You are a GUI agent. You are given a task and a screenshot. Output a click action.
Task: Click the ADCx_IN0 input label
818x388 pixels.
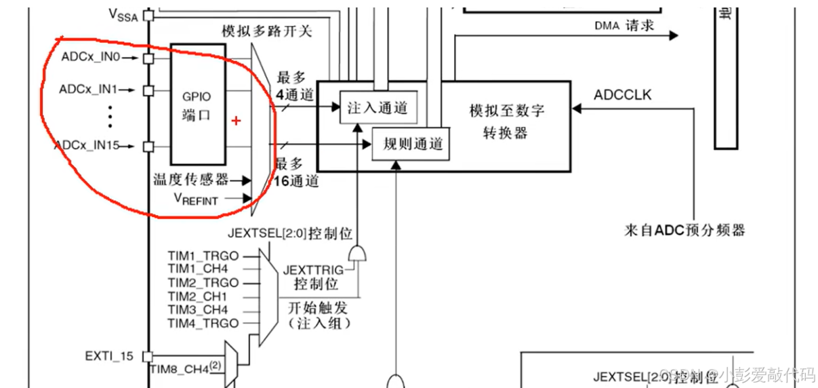90,58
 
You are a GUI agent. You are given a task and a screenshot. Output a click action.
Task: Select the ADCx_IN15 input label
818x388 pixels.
87,145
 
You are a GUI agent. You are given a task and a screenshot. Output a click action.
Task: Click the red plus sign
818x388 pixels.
236,121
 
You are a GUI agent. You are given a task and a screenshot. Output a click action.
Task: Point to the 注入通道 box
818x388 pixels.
377,108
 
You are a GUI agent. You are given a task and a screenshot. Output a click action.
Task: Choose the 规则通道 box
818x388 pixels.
412,144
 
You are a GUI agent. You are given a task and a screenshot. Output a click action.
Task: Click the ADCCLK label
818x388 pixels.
622,94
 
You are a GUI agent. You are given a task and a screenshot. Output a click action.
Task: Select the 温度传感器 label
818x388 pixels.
190,180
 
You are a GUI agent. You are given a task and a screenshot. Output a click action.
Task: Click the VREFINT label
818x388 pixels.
196,199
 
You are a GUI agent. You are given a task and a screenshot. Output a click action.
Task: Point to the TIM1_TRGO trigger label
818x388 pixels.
203,256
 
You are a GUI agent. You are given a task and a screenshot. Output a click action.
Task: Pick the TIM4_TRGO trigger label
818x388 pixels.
203,323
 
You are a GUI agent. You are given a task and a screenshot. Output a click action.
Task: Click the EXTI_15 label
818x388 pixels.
109,355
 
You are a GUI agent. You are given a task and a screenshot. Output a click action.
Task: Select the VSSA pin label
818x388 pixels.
123,14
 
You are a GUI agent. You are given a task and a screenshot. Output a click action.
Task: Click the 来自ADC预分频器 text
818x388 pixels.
684,230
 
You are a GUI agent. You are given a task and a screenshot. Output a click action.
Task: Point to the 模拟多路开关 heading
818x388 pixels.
266,31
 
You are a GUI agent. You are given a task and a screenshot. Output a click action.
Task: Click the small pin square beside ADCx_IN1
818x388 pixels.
148,90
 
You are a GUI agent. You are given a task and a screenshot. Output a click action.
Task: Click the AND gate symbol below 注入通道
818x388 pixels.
357,254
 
